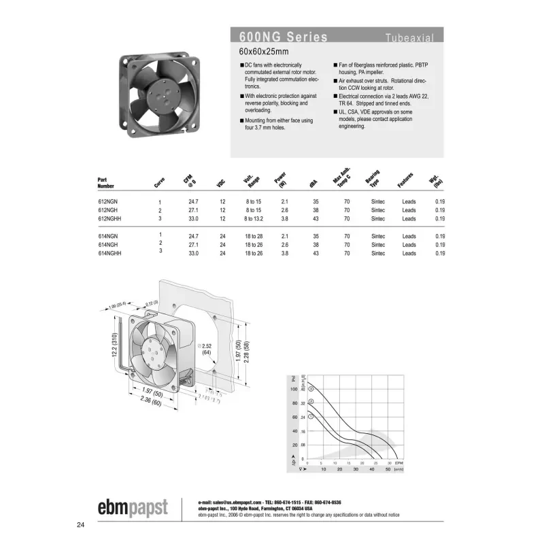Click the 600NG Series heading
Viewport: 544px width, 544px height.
point(284,37)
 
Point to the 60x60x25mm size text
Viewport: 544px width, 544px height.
point(264,52)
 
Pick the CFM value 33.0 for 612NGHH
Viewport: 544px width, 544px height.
point(193,219)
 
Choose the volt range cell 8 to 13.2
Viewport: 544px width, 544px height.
point(254,219)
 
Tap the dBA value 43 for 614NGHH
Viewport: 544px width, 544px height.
point(316,253)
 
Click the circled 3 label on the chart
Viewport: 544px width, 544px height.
point(311,389)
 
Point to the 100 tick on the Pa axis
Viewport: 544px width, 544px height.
point(294,389)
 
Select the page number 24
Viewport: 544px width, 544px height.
point(81,525)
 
